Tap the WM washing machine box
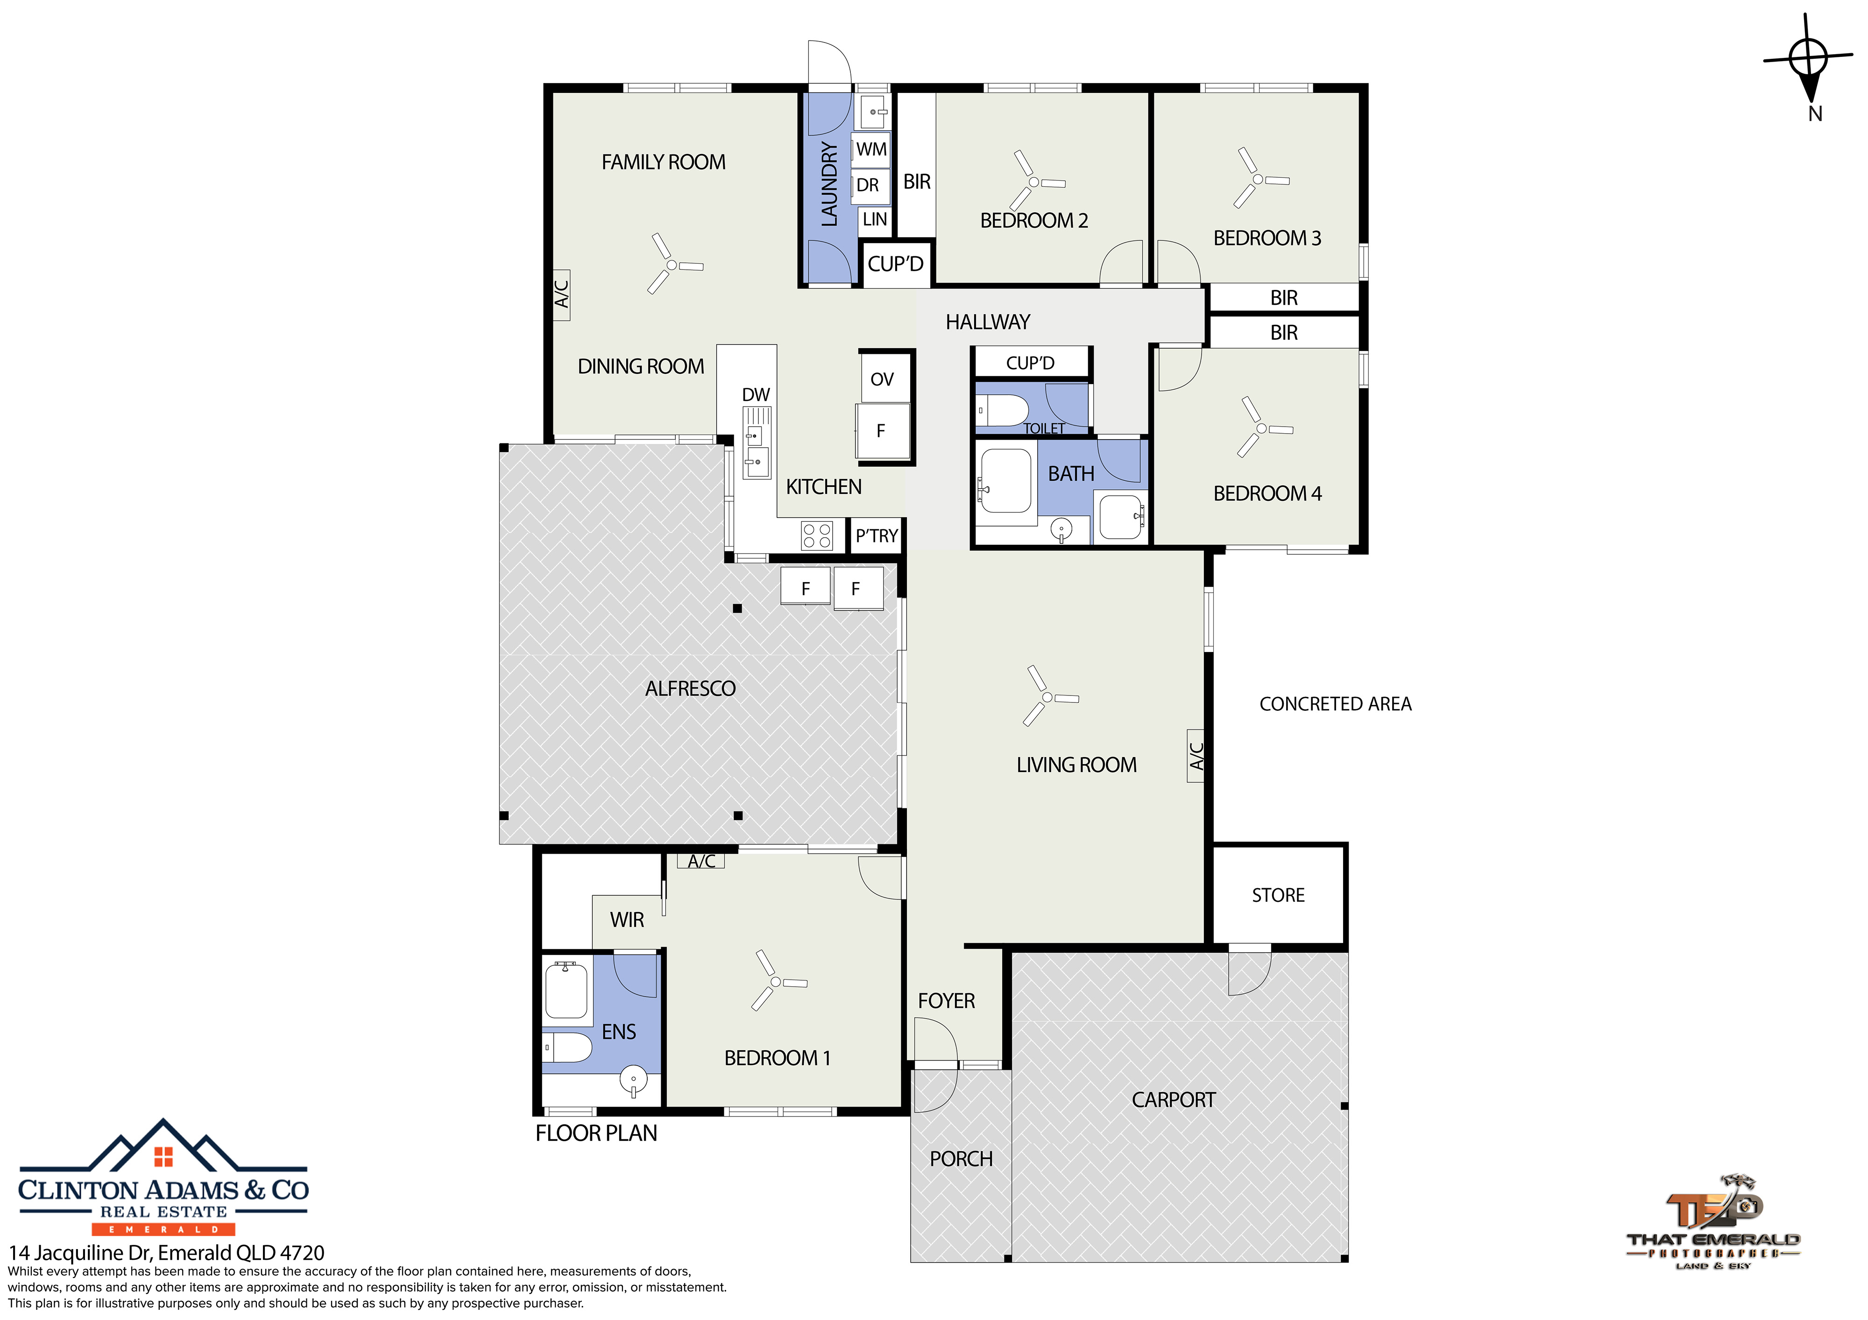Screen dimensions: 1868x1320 [871, 150]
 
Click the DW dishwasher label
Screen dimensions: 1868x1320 [756, 394]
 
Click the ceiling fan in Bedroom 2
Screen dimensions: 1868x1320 [1034, 181]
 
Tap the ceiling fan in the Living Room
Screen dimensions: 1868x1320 [1048, 696]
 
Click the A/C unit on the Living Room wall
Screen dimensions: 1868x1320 [1196, 756]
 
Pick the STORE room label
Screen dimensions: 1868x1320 [1278, 895]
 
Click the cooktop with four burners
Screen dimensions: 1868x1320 [817, 535]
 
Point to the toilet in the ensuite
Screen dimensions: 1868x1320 [567, 1047]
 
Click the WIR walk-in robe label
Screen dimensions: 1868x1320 [627, 920]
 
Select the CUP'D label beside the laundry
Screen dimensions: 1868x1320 [896, 264]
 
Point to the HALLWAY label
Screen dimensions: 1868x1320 [988, 322]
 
